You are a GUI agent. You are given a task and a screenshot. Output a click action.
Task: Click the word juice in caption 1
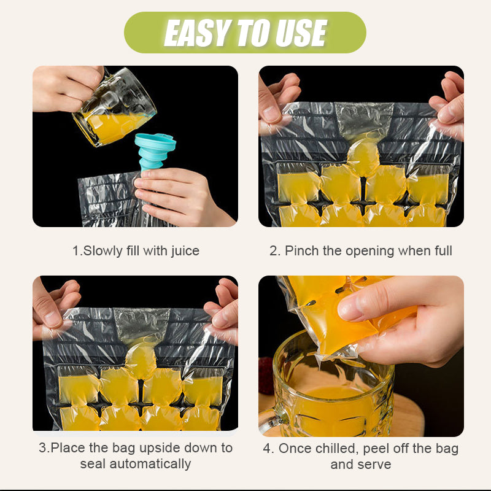point(183,250)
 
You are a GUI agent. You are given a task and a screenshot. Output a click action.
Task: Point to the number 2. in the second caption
point(275,250)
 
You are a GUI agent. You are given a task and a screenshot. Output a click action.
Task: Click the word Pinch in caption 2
point(301,250)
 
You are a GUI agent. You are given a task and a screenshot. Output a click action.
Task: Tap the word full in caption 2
point(441,250)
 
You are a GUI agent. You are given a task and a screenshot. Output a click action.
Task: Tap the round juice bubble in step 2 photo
point(363,157)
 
